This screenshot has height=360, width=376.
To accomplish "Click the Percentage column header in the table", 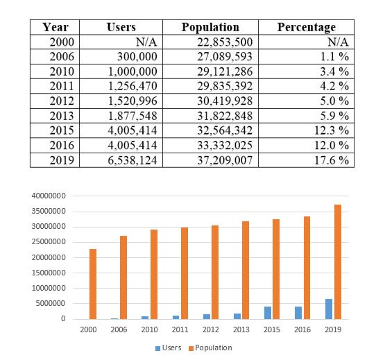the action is coord(307,27).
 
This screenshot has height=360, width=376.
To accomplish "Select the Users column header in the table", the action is coord(121,27).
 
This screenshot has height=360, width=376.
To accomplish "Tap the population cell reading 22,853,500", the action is coord(225,42).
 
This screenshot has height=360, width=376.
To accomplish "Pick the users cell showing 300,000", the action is coord(137,57).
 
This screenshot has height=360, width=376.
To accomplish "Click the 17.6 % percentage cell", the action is coord(332,160).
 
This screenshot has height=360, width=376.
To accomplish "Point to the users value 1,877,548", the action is coord(133,116).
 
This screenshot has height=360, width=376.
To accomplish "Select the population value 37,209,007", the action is coord(225,160).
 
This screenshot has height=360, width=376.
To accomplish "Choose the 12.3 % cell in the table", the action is coord(332,130).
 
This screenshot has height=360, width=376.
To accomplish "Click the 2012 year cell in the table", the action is coord(62,101).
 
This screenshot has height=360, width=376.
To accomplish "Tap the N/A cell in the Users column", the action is coord(146,42).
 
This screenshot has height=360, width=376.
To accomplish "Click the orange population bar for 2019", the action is coord(338,262).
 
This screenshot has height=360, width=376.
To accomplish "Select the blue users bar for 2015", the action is coord(268,313).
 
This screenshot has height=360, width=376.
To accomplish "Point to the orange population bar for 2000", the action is coord(93,284).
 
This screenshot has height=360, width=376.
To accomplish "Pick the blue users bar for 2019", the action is coord(329,309).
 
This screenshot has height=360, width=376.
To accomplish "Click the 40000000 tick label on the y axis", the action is coord(49,196).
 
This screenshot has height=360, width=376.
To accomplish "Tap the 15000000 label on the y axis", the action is coord(49,273).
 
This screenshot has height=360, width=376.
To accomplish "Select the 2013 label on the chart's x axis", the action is coord(241,329).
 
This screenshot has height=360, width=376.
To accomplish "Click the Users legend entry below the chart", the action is coord(169,348).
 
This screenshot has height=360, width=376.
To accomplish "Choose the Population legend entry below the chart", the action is coord(210,348).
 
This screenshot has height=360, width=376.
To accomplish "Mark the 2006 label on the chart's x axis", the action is coord(119,329).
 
